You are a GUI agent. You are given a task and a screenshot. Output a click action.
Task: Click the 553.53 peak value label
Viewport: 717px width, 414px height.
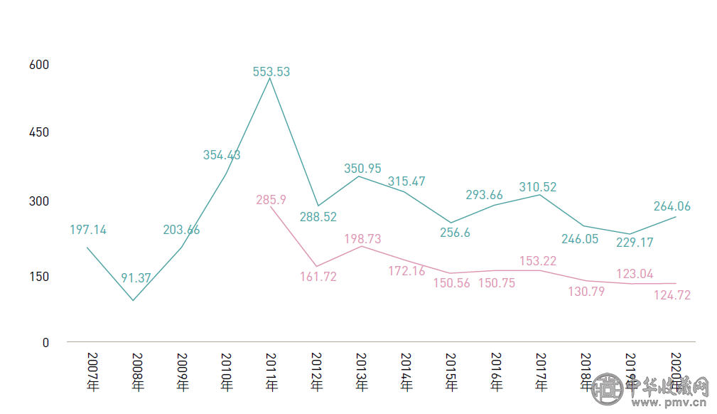tap(271, 72)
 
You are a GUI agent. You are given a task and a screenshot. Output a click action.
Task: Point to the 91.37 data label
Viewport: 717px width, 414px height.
tap(136, 278)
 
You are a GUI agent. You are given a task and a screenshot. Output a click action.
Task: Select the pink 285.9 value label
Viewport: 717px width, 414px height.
tap(271, 200)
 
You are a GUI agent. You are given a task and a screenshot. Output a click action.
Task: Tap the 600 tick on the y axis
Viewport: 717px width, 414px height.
tap(39, 65)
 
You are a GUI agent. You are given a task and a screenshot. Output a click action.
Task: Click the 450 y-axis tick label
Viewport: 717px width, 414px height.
tap(39, 132)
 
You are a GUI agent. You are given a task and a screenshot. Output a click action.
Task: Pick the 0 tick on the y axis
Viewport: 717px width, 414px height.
tap(45, 342)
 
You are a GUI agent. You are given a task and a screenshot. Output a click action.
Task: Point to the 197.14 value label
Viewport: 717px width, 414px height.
tap(88, 230)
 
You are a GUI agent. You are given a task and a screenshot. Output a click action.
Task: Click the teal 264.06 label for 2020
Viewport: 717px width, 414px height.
tap(672, 206)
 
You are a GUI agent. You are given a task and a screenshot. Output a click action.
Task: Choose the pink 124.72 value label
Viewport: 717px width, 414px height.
tap(672, 294)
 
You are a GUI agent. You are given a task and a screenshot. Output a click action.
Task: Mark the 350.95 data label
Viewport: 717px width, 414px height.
tap(362, 169)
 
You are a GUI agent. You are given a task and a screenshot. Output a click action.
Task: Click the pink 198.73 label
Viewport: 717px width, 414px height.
tap(362, 239)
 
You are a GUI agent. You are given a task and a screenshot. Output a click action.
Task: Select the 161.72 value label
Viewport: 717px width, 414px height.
tap(318, 277)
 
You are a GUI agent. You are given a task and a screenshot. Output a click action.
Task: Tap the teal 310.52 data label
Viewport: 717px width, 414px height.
tap(538, 187)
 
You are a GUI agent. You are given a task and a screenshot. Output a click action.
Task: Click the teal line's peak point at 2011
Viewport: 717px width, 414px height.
tap(271, 78)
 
